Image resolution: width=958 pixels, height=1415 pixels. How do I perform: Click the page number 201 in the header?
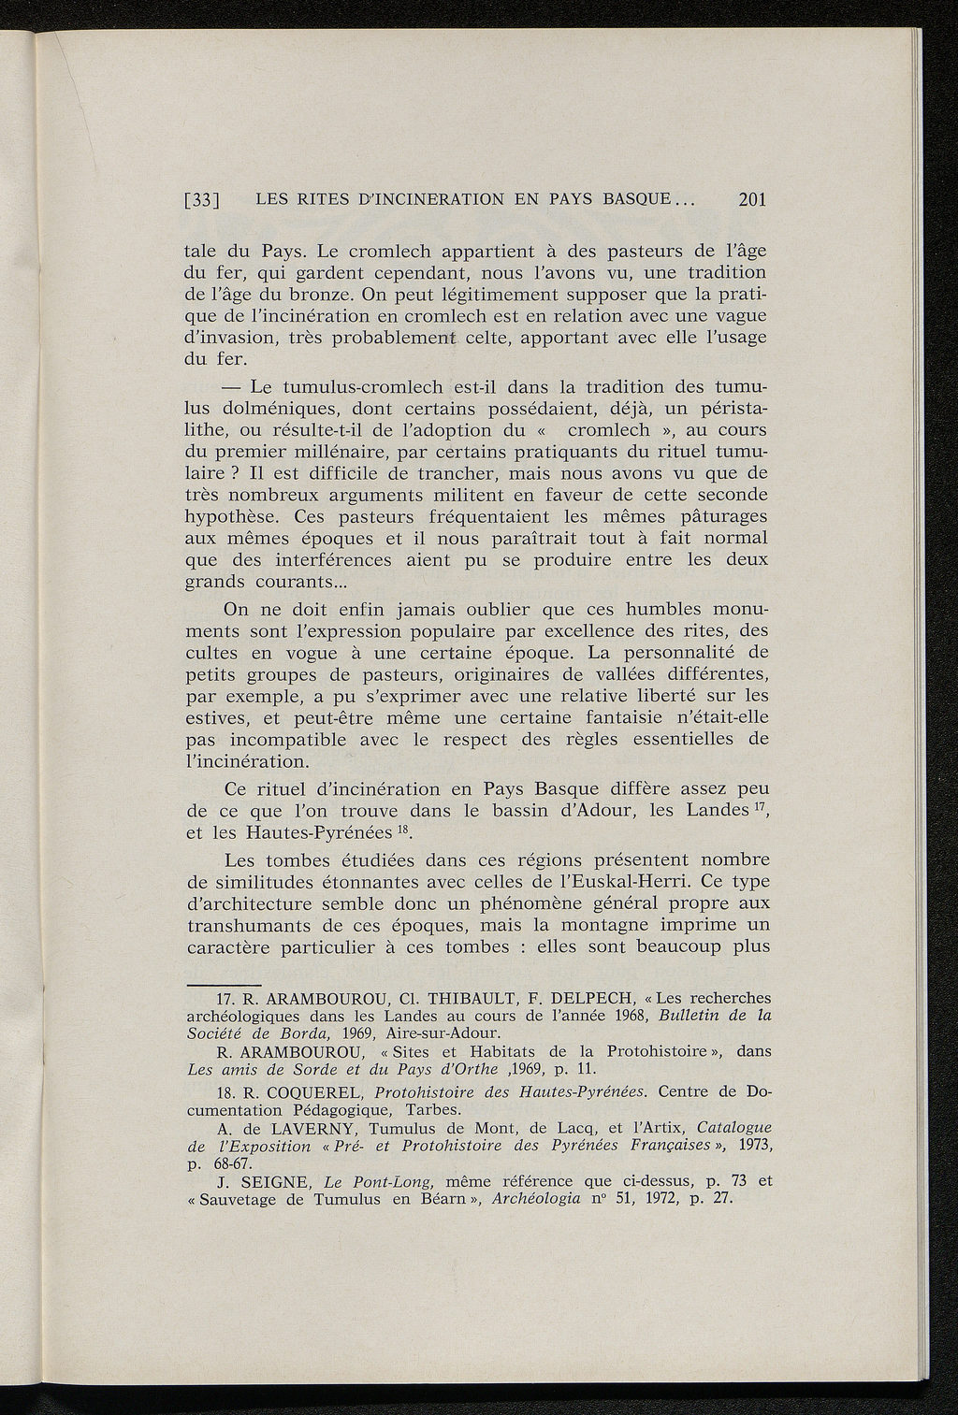[752, 199]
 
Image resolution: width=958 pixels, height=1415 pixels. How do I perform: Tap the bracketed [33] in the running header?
[202, 200]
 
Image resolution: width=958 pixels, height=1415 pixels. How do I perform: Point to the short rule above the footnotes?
[210, 985]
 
